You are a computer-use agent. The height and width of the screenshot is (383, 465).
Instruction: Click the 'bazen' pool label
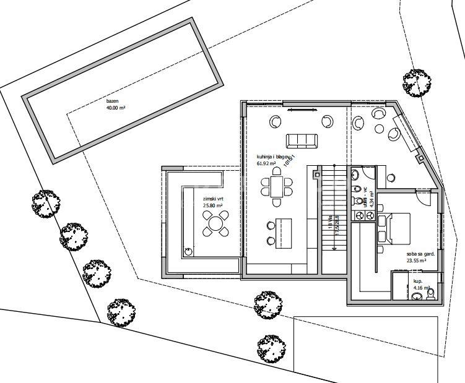click(111, 101)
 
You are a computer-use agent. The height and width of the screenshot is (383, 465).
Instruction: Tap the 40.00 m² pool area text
click(116, 108)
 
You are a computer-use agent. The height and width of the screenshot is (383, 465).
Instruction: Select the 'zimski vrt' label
click(214, 199)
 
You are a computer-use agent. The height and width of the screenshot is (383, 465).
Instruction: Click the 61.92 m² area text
click(268, 164)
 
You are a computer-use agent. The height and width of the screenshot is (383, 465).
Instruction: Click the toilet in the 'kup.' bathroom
click(431, 293)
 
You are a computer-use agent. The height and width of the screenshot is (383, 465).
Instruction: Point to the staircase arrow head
click(334, 247)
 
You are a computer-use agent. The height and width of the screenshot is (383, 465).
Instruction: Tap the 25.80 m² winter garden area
click(212, 206)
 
